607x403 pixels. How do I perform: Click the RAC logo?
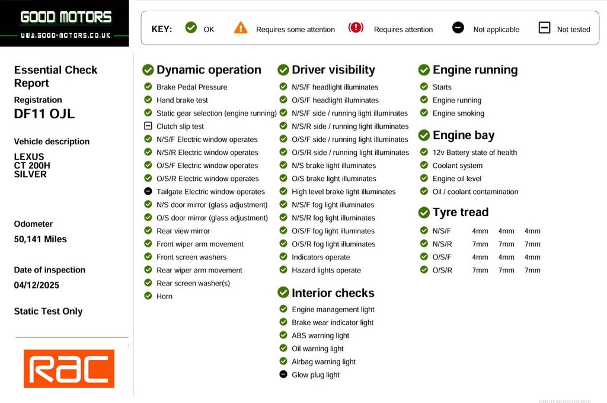pos(69,369)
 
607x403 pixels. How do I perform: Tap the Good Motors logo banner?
pos(65,23)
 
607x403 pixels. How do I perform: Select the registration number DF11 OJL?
pos(44,113)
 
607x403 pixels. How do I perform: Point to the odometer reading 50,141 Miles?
pos(40,239)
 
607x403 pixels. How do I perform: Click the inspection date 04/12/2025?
pos(36,285)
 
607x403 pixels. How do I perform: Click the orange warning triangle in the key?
pos(241,28)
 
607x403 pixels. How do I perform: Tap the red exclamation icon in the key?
pos(356,28)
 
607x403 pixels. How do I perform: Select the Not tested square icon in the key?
pos(544,28)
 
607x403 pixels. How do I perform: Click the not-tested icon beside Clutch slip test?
pos(148,126)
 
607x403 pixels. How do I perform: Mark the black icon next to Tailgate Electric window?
pos(148,191)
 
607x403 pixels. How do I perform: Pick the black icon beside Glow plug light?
pos(283,375)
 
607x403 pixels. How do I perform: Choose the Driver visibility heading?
pos(333,70)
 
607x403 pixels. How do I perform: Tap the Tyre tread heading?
pos(460,212)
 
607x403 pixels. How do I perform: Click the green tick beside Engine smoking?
pos(424,113)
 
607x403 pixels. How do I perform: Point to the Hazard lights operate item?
pos(327,270)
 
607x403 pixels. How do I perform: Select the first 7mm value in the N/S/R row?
pos(480,244)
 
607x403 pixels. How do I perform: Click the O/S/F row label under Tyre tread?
pos(442,258)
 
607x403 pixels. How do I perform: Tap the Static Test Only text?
pos(48,312)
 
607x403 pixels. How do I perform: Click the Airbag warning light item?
pos(324,361)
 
